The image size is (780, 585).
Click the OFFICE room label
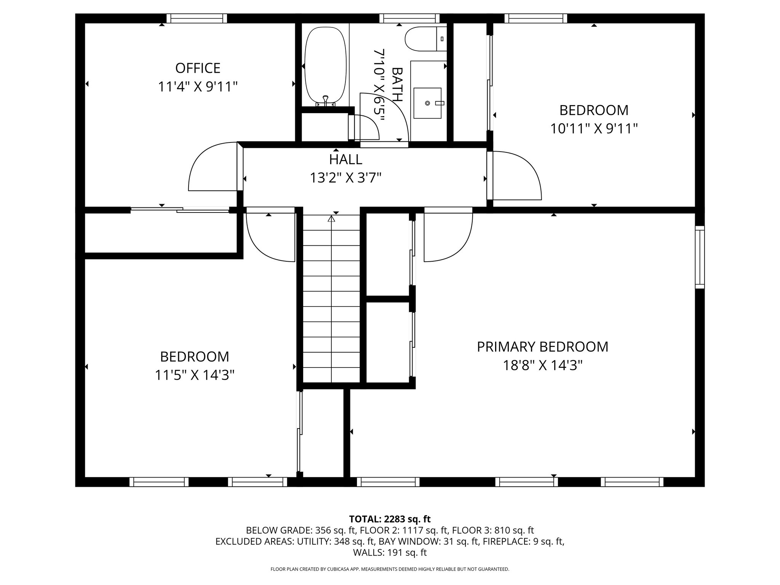click(x=198, y=68)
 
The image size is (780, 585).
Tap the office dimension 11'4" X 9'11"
click(x=198, y=87)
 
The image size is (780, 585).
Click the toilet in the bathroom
click(x=426, y=39)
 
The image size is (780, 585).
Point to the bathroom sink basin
click(x=428, y=103)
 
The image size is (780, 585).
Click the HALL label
click(x=345, y=159)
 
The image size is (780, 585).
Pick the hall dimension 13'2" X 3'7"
click(x=345, y=178)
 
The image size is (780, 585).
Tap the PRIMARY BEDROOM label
click(x=542, y=347)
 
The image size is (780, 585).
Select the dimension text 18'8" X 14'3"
click(x=542, y=366)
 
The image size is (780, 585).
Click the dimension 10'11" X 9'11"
click(x=594, y=129)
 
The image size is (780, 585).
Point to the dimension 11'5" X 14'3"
click(x=194, y=376)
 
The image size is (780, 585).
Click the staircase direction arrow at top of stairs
click(x=331, y=219)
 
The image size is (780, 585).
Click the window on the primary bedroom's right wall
click(x=700, y=257)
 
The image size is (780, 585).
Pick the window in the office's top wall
click(x=197, y=18)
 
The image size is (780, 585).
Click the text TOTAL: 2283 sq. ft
click(x=390, y=519)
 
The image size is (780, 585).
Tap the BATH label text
click(x=397, y=85)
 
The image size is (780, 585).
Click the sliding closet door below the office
click(x=180, y=209)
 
